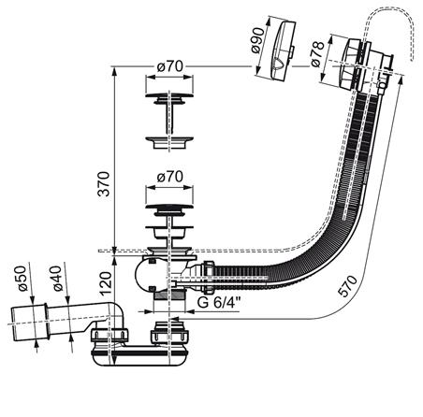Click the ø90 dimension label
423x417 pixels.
[257, 40]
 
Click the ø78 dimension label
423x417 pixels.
[317, 54]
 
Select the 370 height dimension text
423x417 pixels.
[104, 184]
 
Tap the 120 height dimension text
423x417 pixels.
[106, 283]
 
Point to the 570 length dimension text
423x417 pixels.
[347, 286]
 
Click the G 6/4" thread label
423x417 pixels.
[220, 302]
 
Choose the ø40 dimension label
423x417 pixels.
[57, 279]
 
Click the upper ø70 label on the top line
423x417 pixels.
[169, 66]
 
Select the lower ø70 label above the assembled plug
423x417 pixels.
[169, 177]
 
